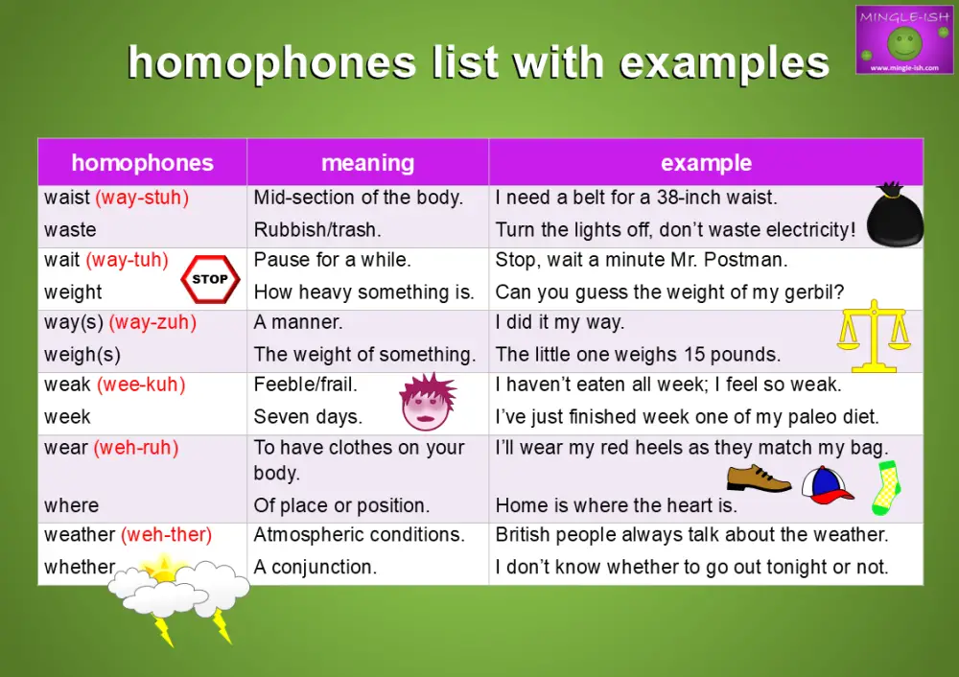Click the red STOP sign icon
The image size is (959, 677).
point(209,279)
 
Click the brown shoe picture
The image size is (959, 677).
point(758,479)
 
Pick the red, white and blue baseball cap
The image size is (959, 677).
point(826,485)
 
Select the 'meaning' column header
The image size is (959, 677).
point(367,163)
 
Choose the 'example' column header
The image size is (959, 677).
point(706,163)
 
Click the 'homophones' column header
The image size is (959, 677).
point(142,163)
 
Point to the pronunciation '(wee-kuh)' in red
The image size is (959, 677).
point(141,385)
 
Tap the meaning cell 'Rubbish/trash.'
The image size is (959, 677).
point(318,230)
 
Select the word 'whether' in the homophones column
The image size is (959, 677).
point(79,567)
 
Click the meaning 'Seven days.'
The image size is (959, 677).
point(307,417)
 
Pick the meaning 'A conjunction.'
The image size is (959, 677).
point(315,567)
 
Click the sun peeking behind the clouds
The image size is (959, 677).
point(163,569)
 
